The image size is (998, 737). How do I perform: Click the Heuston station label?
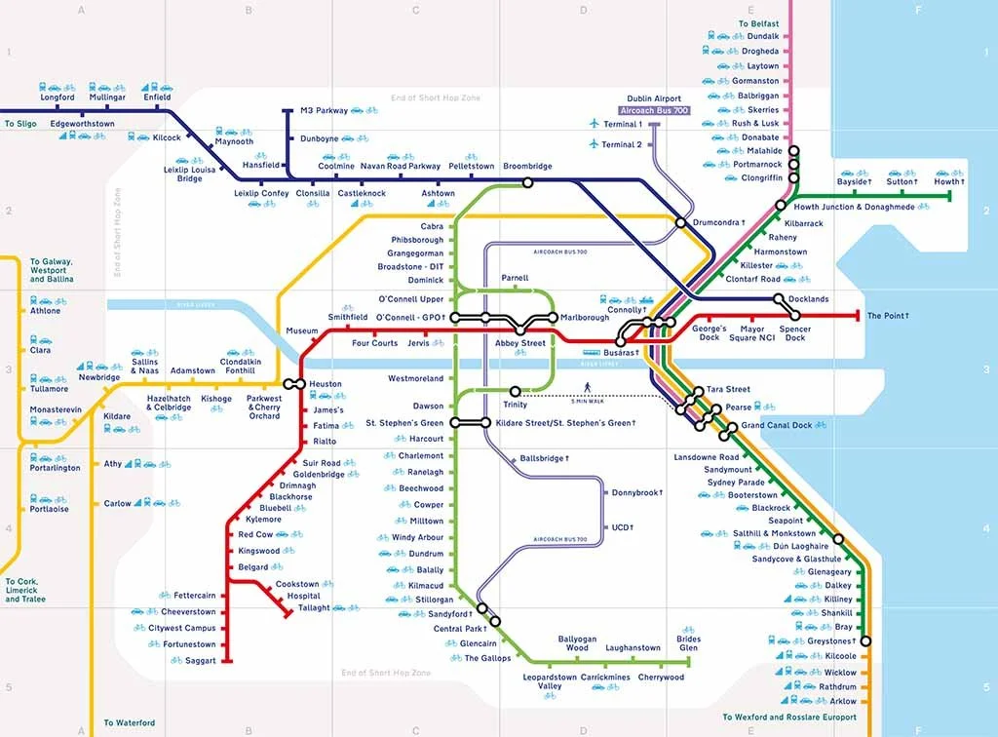pyautogui.click(x=326, y=384)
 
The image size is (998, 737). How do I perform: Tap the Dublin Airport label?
pyautogui.click(x=654, y=98)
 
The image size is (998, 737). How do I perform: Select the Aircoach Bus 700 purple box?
pyautogui.click(x=654, y=111)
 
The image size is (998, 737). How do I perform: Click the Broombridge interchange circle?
pyautogui.click(x=527, y=182)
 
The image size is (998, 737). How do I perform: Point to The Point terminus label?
pyautogui.click(x=888, y=316)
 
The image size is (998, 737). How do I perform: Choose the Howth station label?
pyautogui.click(x=948, y=182)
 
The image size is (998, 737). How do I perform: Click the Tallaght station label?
pyautogui.click(x=314, y=607)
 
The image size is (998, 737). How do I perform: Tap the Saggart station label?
pyautogui.click(x=201, y=660)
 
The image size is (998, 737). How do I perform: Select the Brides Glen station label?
pyautogui.click(x=688, y=643)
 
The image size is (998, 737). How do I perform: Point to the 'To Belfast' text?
pyautogui.click(x=758, y=23)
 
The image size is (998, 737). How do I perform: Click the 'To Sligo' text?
pyautogui.click(x=20, y=124)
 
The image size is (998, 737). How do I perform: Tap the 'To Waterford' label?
pyautogui.click(x=129, y=722)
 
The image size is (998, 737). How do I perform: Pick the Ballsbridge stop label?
pyautogui.click(x=544, y=457)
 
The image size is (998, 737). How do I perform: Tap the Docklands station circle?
pyautogui.click(x=779, y=299)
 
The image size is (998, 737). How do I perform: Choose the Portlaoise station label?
pyautogui.click(x=49, y=509)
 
